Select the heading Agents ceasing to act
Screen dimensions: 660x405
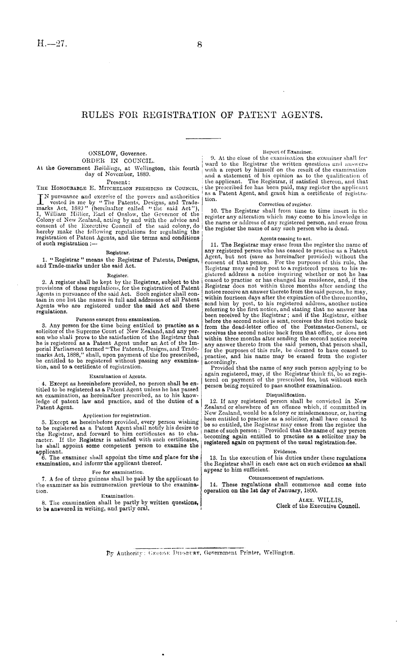click(285, 238)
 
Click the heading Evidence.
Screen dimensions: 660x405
click(285, 451)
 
